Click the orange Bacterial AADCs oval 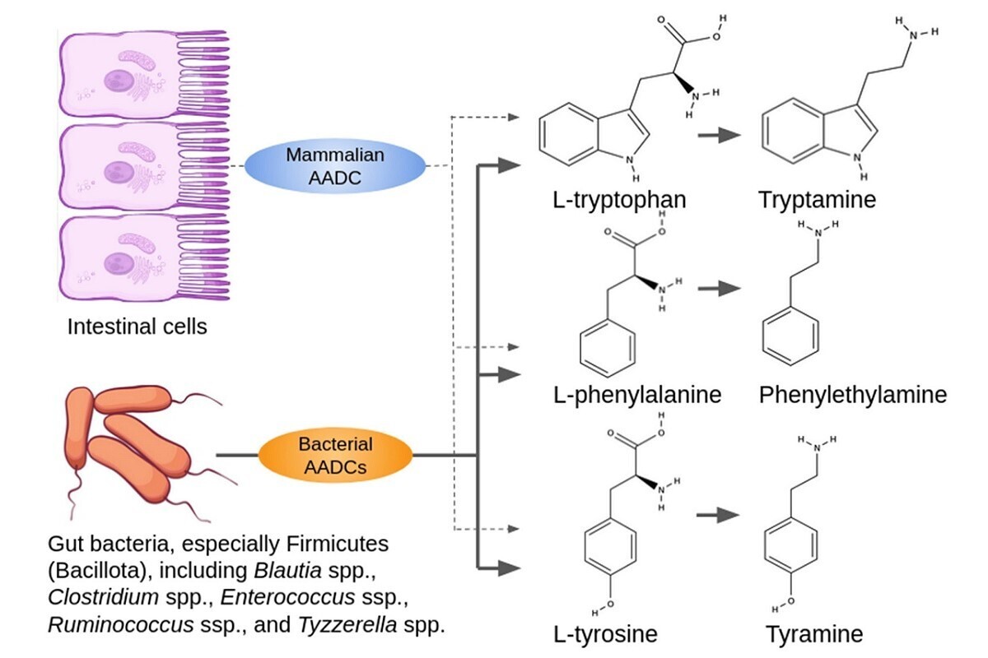(x=335, y=456)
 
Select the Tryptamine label (x=818, y=199)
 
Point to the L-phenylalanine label (x=637, y=395)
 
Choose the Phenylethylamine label (x=853, y=395)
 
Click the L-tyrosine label (x=606, y=635)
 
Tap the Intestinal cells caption (x=137, y=327)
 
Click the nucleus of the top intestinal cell (x=117, y=80)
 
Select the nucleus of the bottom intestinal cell (x=117, y=262)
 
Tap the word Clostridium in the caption (x=94, y=597)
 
